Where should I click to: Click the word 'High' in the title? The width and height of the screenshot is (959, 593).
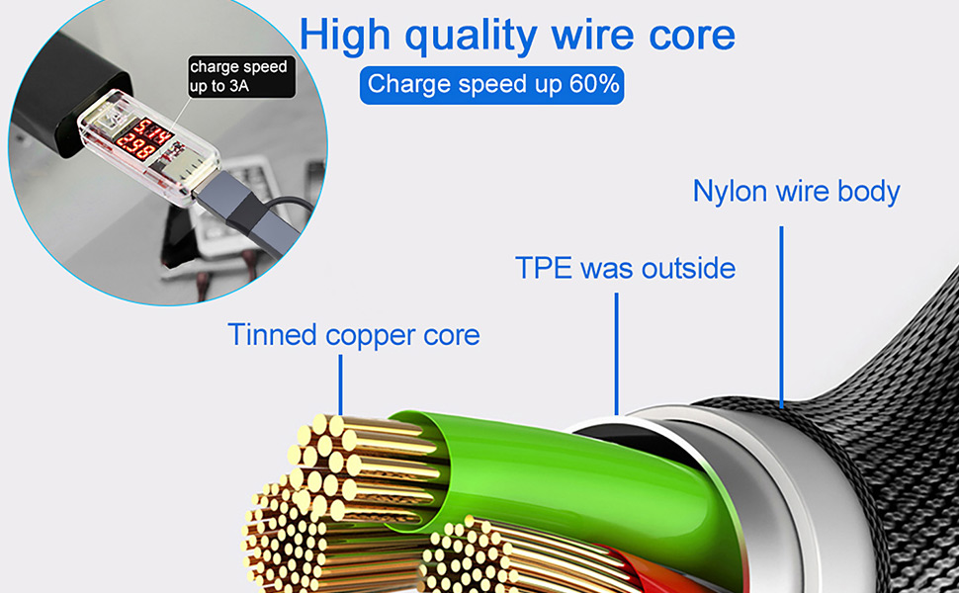(x=344, y=36)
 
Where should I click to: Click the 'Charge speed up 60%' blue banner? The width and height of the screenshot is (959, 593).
(x=491, y=85)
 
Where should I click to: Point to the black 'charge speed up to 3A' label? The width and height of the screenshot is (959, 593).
(x=241, y=76)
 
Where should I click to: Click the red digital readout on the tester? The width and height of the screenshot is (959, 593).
(x=144, y=139)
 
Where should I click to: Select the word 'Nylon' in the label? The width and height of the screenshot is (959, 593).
(x=729, y=191)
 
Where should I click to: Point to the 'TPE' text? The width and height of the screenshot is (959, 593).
(x=543, y=268)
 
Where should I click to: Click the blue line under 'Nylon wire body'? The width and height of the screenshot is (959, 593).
(x=781, y=316)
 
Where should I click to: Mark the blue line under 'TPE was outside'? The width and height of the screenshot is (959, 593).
(x=617, y=354)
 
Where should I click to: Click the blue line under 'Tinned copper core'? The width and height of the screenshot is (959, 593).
(x=341, y=385)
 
